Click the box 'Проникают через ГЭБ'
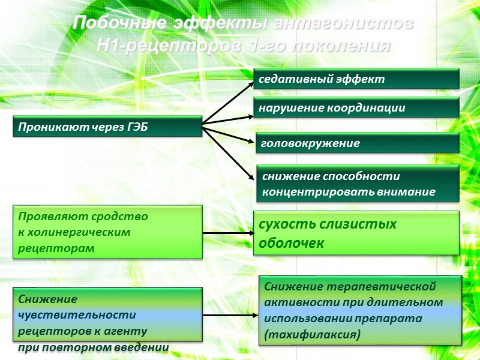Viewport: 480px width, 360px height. pos(108,127)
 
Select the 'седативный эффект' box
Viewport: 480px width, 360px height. pos(357,79)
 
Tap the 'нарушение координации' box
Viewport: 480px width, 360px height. pos(357,108)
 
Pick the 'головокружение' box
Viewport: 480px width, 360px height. pos(357,143)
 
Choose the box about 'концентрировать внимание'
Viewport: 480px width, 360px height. pos(358,184)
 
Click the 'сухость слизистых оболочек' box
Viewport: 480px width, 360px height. pos(356,233)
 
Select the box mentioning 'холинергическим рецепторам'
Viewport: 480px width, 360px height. pos(108,232)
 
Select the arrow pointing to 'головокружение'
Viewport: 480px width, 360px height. pos(228,133)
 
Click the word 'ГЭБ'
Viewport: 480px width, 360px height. pos(136,127)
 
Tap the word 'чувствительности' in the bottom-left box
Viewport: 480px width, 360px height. pos(77,314)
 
